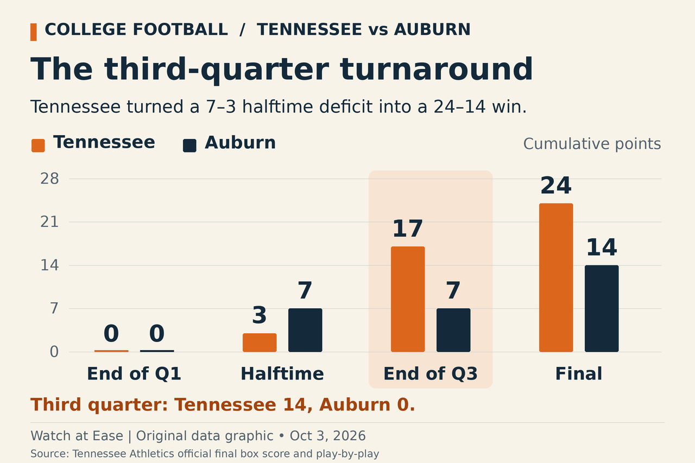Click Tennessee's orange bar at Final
(x=556, y=277)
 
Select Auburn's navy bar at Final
(x=602, y=308)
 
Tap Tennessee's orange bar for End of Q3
(x=408, y=299)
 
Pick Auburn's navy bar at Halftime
(x=305, y=330)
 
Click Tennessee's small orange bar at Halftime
(x=260, y=343)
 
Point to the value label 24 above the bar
(x=556, y=186)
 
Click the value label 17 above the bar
(x=408, y=229)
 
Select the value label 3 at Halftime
(x=260, y=315)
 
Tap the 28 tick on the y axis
(x=49, y=179)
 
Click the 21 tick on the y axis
(x=49, y=222)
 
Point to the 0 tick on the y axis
(x=54, y=352)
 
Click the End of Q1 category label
(x=134, y=373)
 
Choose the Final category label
(x=579, y=373)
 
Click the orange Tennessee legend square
(x=38, y=146)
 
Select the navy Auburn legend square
(x=189, y=146)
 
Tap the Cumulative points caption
(x=592, y=144)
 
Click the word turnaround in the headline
(x=436, y=69)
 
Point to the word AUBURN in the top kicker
(x=432, y=30)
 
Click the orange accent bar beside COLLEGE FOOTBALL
(x=34, y=32)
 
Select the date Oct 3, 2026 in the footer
(x=327, y=436)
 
